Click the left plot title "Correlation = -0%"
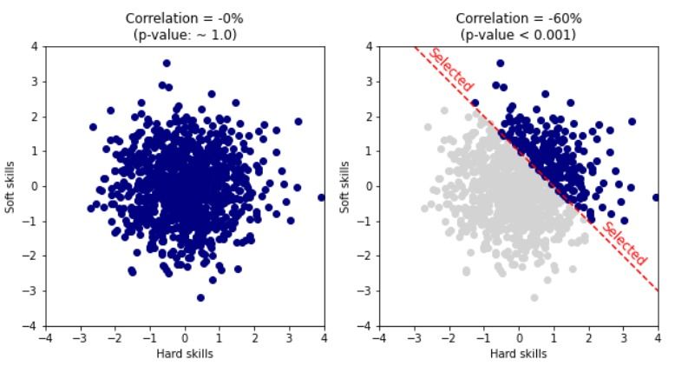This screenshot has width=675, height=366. coord(184,18)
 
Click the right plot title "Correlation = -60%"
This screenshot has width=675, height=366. coord(519,18)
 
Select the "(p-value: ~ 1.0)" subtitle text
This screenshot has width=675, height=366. coord(184,34)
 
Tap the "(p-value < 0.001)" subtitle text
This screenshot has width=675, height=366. coord(519,34)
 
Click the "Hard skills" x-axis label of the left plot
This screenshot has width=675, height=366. coord(184,354)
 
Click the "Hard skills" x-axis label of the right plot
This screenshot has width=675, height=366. coord(519,354)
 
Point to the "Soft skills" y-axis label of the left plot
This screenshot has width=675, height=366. coord(11,186)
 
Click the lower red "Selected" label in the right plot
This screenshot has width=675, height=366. coord(625,244)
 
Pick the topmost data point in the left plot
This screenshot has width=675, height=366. coord(167,63)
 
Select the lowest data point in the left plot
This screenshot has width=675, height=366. coord(200,297)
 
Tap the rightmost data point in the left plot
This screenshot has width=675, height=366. coord(321,197)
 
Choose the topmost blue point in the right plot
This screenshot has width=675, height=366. coord(501,63)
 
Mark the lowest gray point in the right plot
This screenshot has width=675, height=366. coord(534,297)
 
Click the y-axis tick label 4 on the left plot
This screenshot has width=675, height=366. coord(35,46)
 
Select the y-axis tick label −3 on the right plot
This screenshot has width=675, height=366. coord(367,291)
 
